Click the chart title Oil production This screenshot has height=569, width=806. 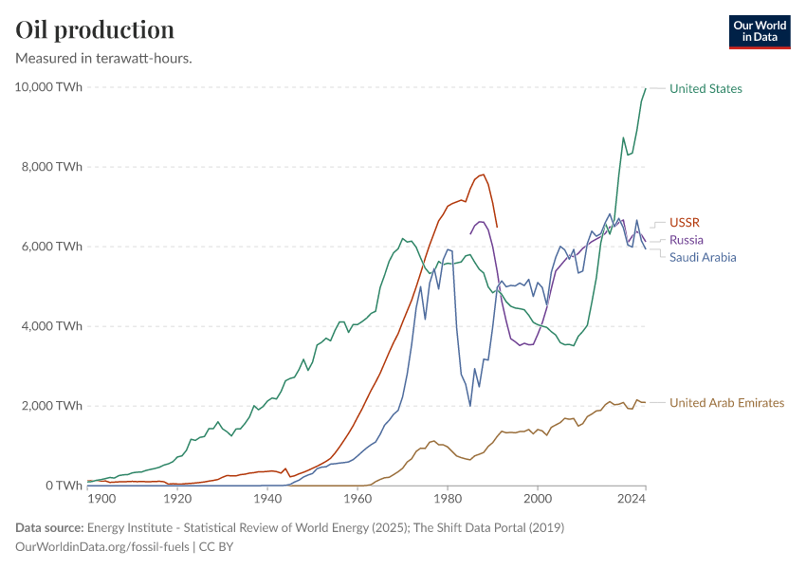(95, 29)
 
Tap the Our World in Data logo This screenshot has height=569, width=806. (759, 31)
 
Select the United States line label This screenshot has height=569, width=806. (705, 89)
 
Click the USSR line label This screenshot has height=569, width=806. (684, 222)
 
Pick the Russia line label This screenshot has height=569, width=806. (687, 240)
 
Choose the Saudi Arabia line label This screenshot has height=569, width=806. (703, 257)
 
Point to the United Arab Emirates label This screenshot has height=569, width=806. (726, 403)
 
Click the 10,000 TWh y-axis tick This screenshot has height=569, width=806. (48, 87)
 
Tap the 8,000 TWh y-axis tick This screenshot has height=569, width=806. (51, 167)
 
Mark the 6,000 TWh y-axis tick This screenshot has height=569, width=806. (51, 247)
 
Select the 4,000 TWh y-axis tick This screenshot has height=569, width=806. (51, 326)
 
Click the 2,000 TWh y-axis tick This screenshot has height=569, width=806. (51, 406)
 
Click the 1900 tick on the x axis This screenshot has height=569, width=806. (101, 499)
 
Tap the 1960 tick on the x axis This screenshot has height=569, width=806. (357, 499)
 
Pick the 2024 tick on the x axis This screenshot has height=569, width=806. (630, 499)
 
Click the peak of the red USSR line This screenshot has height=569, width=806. (484, 174)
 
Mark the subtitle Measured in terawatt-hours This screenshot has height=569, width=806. (104, 59)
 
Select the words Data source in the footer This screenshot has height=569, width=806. (47, 527)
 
